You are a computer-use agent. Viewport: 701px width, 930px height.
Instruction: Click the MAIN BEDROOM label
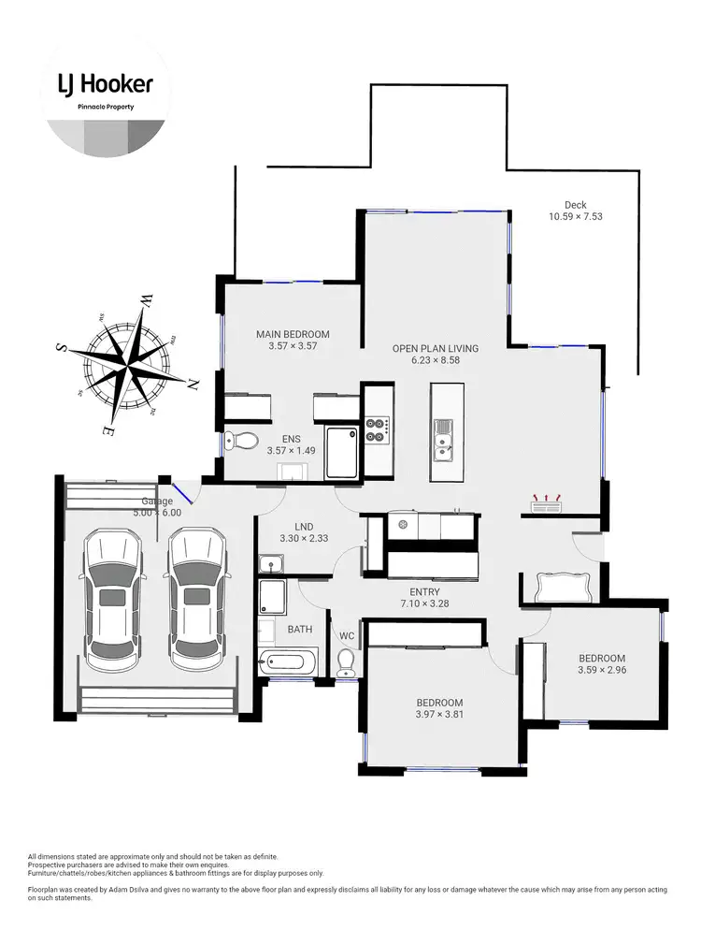(293, 334)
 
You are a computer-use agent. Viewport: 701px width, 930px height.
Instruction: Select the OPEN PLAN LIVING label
(435, 348)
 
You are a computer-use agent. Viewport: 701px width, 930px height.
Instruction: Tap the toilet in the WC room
(345, 662)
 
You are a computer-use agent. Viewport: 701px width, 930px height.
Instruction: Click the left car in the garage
(114, 599)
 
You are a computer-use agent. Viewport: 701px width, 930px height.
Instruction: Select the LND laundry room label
(293, 526)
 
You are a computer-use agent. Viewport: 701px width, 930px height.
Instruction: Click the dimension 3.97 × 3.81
(439, 715)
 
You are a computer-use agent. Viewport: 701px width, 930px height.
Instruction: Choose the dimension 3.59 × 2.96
(601, 671)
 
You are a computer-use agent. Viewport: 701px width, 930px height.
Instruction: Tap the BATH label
(299, 630)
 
